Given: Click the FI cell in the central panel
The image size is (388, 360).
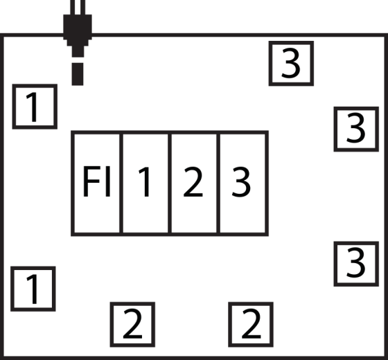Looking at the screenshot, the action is [x=96, y=183].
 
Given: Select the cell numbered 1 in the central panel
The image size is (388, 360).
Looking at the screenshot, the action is [x=145, y=183].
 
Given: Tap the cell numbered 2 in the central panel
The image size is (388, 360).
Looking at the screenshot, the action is [x=194, y=183].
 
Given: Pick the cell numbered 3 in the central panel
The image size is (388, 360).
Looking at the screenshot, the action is [x=242, y=183].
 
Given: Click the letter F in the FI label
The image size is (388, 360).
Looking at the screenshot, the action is [x=91, y=181].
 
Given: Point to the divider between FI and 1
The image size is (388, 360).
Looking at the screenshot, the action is [x=121, y=183].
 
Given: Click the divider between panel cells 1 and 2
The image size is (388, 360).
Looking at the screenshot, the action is [x=170, y=183].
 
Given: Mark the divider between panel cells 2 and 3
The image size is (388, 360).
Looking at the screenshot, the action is [x=218, y=183].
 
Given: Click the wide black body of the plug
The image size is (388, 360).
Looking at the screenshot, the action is [x=78, y=27].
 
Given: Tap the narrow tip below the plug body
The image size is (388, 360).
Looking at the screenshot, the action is [x=78, y=51].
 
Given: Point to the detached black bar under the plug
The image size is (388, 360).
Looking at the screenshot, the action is [x=78, y=74].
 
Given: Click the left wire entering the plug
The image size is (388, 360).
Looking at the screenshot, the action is [x=73, y=7].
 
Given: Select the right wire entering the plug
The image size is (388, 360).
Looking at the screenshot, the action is [x=83, y=7].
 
